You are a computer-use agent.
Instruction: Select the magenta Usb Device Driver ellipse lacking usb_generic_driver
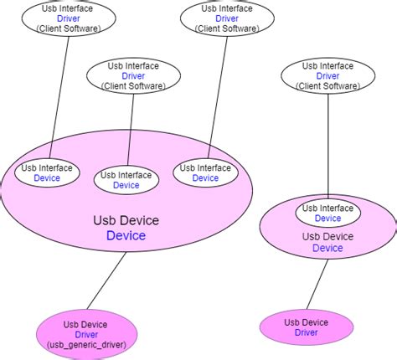pyautogui.click(x=306, y=327)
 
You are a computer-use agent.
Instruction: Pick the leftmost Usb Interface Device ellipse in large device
pyautogui.click(x=47, y=172)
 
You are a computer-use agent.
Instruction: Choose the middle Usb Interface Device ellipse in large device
pyautogui.click(x=126, y=180)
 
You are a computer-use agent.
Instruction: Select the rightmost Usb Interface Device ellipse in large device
pyautogui.click(x=205, y=172)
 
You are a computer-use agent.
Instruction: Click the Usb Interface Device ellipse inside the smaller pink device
pyautogui.click(x=327, y=213)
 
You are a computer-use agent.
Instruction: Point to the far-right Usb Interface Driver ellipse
pyautogui.click(x=327, y=75)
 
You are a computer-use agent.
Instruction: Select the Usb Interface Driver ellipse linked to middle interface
pyautogui.click(x=134, y=75)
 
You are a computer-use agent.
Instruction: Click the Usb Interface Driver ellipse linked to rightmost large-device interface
pyautogui.click(x=226, y=18)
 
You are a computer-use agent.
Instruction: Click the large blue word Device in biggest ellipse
pyautogui.click(x=126, y=236)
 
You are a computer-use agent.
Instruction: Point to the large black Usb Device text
pyautogui.click(x=126, y=221)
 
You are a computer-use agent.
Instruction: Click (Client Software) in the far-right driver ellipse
pyautogui.click(x=327, y=85)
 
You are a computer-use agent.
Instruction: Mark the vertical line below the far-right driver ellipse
pyautogui.click(x=327, y=147)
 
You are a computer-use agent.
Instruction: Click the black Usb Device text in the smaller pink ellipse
pyautogui.click(x=327, y=237)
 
